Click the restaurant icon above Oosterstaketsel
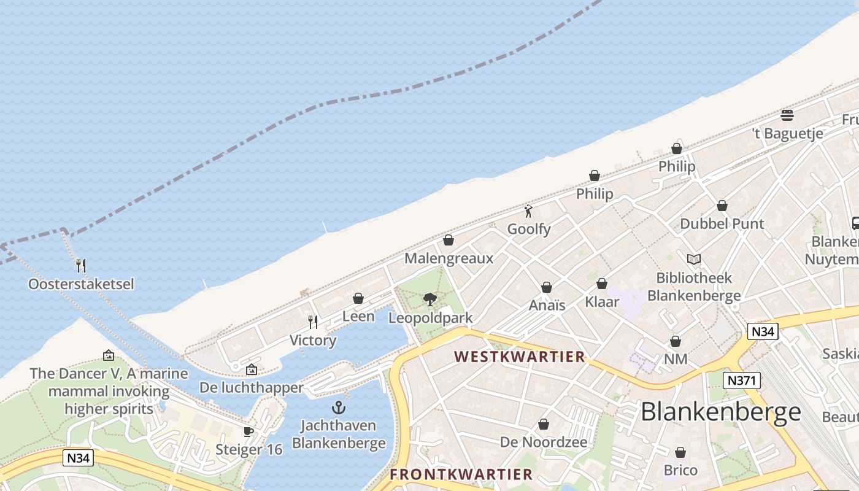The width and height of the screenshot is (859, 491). [80, 265]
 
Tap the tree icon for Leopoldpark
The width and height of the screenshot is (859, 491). [430, 299]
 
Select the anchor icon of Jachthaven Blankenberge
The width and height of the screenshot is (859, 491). [338, 407]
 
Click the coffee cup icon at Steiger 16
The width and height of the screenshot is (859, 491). [248, 431]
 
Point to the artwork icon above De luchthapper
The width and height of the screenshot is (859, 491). [251, 369]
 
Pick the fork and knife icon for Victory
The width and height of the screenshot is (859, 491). [313, 322]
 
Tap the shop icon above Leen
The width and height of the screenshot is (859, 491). [358, 298]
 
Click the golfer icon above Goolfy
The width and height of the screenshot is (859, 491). [528, 211]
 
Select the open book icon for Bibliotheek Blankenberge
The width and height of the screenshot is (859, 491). [694, 260]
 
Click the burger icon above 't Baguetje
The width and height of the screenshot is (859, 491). [787, 115]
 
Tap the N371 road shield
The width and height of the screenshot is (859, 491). [741, 381]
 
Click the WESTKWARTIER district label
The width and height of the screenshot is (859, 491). [520, 357]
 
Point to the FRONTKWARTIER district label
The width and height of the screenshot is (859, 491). [461, 474]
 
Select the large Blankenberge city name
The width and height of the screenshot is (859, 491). [721, 412]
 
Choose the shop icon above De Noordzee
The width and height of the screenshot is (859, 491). [544, 424]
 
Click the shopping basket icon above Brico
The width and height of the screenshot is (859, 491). [680, 453]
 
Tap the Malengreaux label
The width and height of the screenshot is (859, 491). [449, 258]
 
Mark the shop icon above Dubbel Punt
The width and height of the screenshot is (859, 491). [722, 206]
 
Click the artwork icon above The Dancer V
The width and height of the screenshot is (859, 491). [109, 355]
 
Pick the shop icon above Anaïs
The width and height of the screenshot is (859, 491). [547, 287]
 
